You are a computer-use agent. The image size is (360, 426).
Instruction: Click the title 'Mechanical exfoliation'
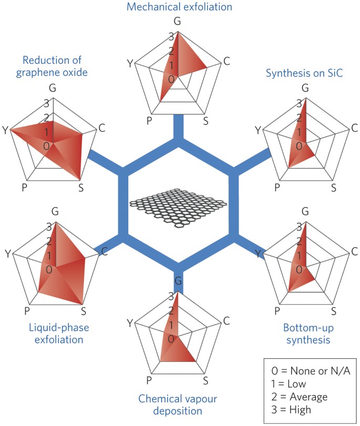[180, 7]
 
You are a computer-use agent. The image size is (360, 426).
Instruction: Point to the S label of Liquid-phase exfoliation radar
[84, 311]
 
